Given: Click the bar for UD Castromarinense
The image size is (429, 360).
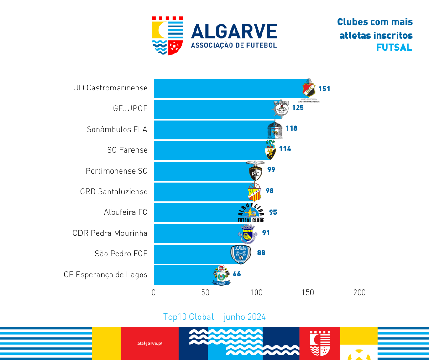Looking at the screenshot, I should coord(228,88).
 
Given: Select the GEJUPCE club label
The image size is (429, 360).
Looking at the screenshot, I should coord(130,109).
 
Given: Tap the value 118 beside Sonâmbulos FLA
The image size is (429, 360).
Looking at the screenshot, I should coord(291,128).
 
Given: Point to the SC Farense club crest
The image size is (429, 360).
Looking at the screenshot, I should coord(271,150).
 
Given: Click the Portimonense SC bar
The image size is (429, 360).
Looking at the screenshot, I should coord(201,171).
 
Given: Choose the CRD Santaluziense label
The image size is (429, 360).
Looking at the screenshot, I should coord(114,191).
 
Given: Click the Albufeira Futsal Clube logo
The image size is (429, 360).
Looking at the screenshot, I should coord(251,212).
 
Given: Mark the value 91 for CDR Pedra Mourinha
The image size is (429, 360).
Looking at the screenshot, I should coord(266,233).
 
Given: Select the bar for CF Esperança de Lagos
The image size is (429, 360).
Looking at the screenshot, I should coord(183,275).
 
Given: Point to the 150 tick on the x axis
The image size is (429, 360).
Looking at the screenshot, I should coord(308,292).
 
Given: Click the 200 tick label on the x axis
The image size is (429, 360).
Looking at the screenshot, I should coord(359,292).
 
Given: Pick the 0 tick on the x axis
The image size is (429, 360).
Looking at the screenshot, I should coord(154,292).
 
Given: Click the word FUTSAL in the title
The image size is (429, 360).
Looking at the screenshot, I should coord(394,48).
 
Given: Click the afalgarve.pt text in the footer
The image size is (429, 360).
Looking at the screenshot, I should coord(150,343).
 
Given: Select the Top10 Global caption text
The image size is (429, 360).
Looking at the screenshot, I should coord(188,317).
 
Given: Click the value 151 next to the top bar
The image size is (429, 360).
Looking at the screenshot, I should coord(324,89).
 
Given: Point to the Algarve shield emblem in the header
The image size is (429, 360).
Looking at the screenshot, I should coord(167,36).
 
